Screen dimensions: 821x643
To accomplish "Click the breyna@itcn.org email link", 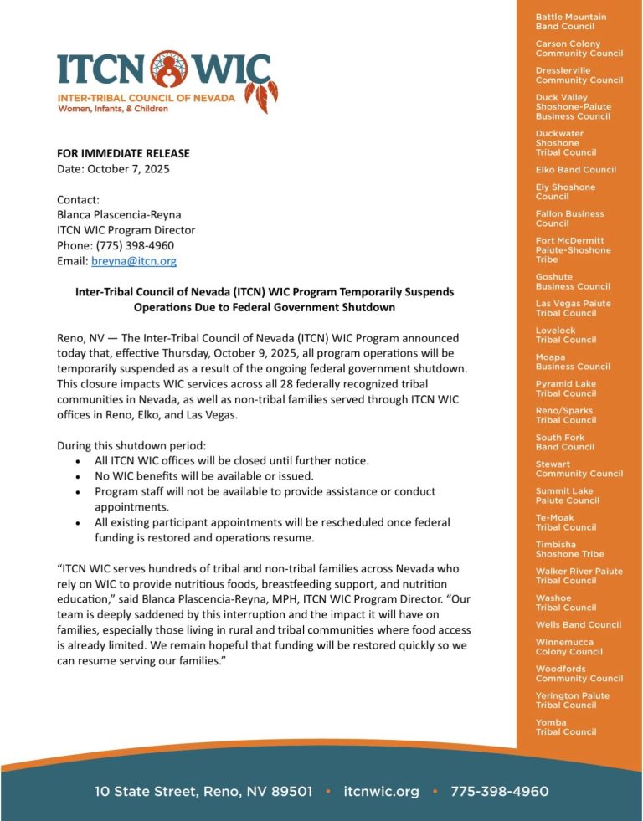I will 134,261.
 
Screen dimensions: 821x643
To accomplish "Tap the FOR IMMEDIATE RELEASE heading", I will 123,153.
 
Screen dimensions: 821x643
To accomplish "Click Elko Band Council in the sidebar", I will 575,170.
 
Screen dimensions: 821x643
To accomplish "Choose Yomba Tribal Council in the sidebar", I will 566,727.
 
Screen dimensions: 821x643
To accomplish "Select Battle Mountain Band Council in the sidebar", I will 571,22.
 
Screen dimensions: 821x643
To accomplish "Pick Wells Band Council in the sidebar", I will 578,625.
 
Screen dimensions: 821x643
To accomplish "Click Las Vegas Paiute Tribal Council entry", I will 573,308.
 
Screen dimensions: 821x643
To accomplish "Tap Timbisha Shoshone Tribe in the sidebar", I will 569,549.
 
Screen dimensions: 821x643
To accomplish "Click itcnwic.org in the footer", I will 381,791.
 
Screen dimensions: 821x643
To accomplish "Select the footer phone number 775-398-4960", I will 499,791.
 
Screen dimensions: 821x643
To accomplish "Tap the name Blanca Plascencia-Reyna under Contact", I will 119,214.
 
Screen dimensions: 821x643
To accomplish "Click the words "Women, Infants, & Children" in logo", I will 112,109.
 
